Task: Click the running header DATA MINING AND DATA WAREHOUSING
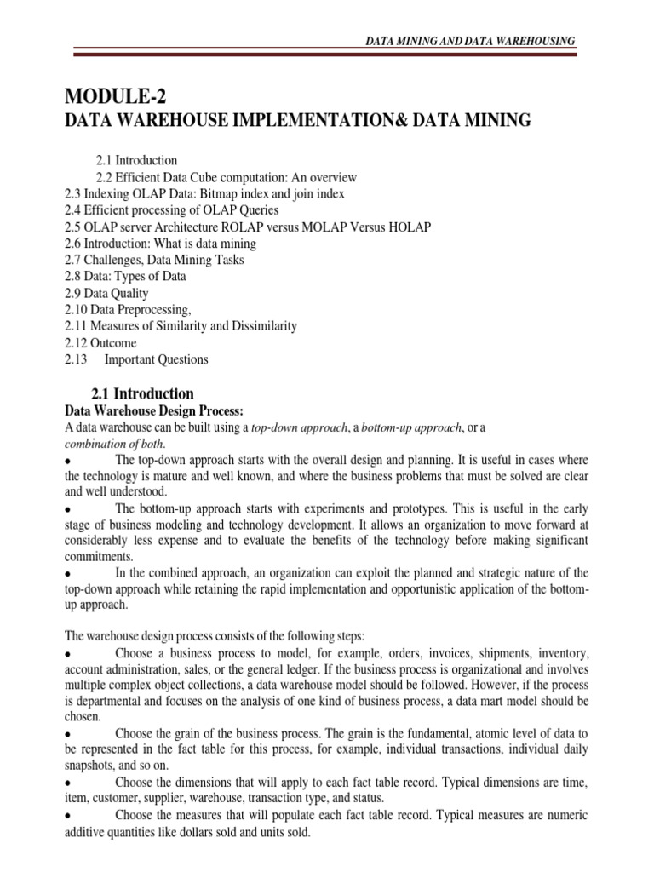tap(470, 41)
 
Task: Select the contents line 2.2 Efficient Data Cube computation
tap(225, 177)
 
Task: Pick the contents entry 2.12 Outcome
tap(100, 342)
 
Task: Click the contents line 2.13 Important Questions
tap(136, 359)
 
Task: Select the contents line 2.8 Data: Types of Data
tap(125, 277)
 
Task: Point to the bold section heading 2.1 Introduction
tap(142, 393)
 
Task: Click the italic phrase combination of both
tap(114, 444)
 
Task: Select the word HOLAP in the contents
tap(411, 227)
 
